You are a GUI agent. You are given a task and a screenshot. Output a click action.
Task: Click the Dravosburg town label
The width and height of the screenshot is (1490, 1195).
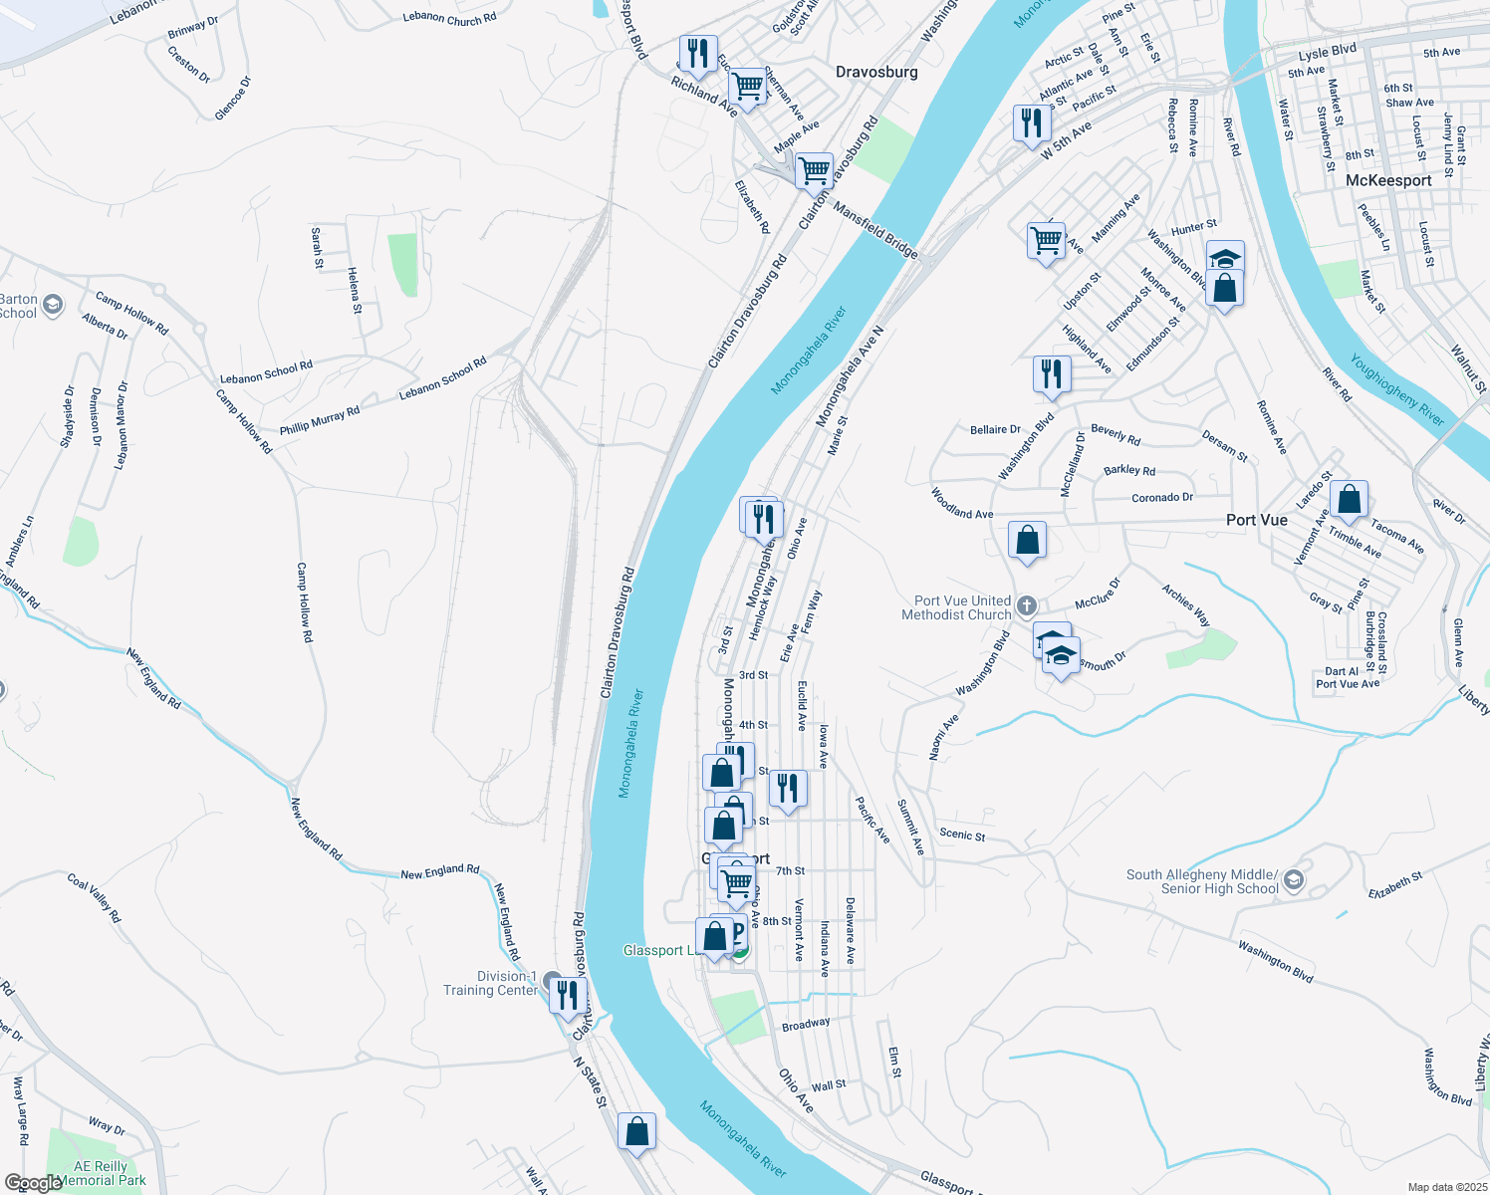tap(876, 72)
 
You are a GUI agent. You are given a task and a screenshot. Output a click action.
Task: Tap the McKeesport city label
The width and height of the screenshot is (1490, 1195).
tap(1388, 180)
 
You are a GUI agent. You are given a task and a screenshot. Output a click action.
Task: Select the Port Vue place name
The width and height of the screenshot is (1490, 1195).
tap(1256, 520)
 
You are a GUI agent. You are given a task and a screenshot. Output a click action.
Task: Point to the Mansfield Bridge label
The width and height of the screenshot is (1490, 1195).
tap(874, 231)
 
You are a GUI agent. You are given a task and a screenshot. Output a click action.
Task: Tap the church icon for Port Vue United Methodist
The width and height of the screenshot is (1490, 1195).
tap(1027, 606)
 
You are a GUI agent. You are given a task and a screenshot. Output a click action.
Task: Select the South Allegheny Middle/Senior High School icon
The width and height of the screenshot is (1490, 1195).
tap(1293, 880)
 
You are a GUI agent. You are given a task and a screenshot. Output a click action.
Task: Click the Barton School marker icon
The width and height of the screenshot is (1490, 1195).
tap(53, 305)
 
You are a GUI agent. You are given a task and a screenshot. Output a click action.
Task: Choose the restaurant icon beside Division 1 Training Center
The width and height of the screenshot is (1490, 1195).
tap(567, 995)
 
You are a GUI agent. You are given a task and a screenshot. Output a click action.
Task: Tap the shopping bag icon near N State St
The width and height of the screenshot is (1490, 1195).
tap(636, 1132)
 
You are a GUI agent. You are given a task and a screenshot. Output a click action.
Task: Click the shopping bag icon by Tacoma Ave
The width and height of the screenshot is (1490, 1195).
tap(1349, 500)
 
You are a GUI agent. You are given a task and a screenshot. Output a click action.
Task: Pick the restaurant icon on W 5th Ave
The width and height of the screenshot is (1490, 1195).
tap(1032, 123)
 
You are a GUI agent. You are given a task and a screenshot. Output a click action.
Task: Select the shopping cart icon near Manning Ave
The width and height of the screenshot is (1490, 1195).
tap(1046, 240)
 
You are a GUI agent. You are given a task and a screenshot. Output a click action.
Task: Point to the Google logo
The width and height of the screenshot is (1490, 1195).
tap(33, 1183)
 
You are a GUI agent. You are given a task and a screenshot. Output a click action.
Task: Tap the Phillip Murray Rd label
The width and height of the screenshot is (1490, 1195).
tap(319, 420)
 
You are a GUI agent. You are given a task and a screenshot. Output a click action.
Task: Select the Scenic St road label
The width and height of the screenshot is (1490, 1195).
tap(962, 835)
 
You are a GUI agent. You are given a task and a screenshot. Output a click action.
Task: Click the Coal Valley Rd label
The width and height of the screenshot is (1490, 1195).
tap(94, 897)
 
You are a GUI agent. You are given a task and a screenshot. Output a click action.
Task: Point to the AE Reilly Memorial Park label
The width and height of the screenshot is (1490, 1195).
tap(101, 1173)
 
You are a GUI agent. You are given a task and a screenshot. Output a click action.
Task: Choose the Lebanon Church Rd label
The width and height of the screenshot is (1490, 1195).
tap(449, 18)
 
